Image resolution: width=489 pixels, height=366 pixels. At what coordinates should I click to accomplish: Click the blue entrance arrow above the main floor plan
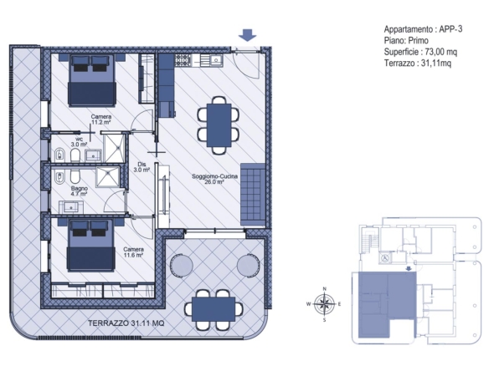tap(248, 35)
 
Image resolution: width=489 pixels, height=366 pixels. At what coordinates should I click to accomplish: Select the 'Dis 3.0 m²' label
tap(142, 167)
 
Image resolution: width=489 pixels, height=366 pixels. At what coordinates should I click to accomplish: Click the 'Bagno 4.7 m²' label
tap(80, 191)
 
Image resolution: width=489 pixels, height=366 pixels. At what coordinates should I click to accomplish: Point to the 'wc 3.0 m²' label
tap(79, 142)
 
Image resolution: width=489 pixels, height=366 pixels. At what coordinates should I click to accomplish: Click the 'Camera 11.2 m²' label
tap(101, 119)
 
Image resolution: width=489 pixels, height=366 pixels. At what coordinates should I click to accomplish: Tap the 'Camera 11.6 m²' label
tap(133, 252)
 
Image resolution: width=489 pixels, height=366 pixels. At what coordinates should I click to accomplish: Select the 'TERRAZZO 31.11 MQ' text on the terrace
tap(126, 323)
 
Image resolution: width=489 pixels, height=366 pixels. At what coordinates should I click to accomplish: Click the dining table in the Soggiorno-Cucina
tap(219, 125)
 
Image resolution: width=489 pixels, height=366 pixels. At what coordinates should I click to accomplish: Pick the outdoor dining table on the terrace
tap(214, 309)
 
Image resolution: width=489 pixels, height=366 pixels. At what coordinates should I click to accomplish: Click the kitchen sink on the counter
tap(216, 60)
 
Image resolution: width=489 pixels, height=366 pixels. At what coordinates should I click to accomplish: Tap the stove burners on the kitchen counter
tap(183, 60)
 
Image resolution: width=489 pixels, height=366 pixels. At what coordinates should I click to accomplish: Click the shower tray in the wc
tap(114, 148)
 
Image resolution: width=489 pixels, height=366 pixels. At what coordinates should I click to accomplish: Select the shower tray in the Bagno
tap(107, 177)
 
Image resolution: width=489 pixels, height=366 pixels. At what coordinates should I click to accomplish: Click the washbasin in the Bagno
tap(71, 207)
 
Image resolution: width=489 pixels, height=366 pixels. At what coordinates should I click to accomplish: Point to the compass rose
tap(324, 304)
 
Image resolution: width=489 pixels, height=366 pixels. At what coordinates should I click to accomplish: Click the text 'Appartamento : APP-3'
tap(423, 29)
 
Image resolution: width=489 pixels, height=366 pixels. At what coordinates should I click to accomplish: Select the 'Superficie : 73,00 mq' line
tap(420, 52)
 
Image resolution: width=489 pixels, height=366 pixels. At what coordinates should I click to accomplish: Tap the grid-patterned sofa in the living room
tap(253, 195)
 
